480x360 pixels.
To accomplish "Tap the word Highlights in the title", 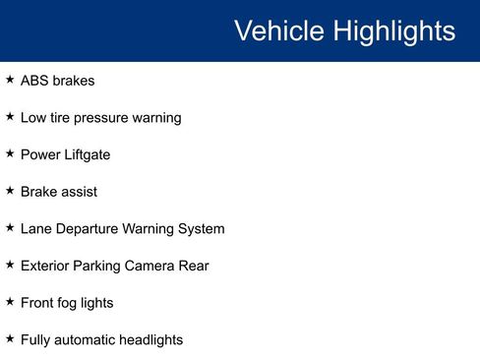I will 393,30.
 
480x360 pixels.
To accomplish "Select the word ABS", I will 35,81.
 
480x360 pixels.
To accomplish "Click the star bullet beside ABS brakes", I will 10,79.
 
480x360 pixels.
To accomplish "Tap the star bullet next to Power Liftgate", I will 10,152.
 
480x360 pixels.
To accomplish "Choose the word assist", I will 79,192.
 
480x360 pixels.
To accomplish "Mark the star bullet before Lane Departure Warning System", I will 10,227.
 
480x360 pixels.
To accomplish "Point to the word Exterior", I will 45,266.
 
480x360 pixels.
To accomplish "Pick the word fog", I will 71,303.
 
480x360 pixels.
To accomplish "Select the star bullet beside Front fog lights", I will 10,301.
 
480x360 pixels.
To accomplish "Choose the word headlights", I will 152,340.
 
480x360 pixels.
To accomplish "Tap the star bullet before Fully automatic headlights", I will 10,338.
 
